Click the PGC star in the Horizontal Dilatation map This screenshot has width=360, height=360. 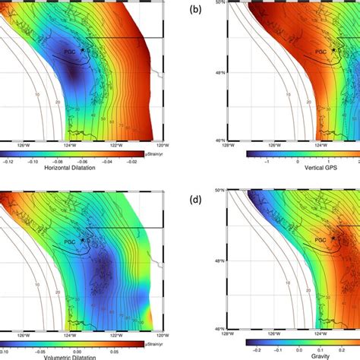(82, 49)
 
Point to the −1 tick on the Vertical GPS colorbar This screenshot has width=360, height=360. (267, 162)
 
